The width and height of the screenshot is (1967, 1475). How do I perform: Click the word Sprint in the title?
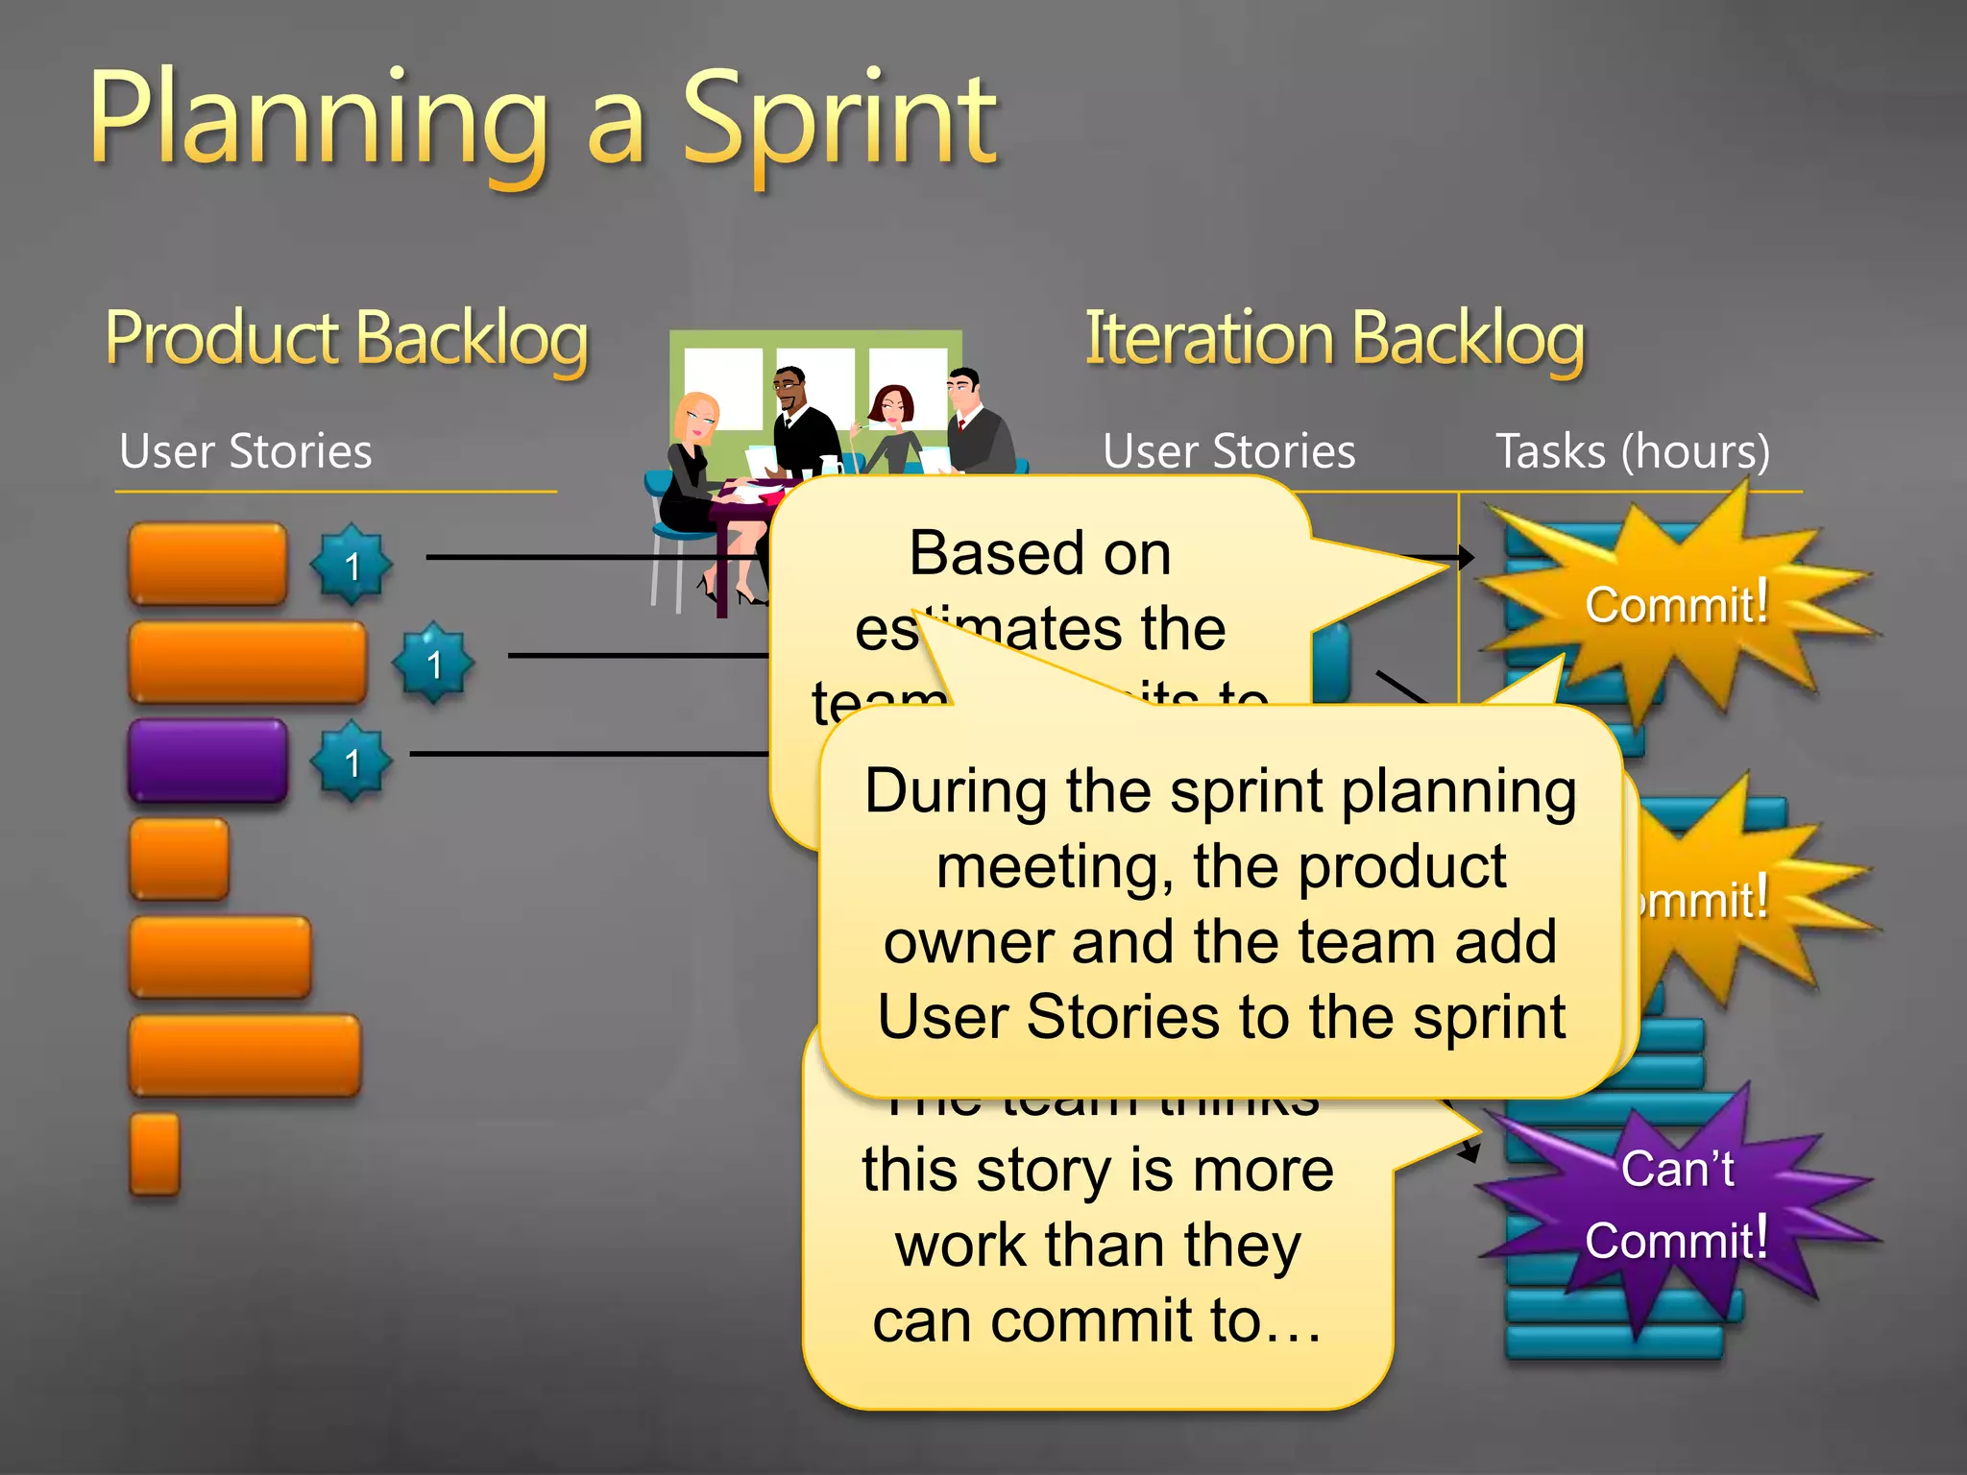pyautogui.click(x=840, y=120)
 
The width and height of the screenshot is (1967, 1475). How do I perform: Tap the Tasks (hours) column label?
pyautogui.click(x=1632, y=451)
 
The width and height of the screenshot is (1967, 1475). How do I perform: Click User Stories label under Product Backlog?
pyautogui.click(x=245, y=451)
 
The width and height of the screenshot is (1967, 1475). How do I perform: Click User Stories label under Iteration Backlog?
pyautogui.click(x=1228, y=451)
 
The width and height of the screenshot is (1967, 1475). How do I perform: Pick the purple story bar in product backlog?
pyautogui.click(x=207, y=760)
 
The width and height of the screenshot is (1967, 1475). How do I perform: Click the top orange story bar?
pyautogui.click(x=207, y=564)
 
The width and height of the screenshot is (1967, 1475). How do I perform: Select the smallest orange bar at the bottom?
pyautogui.click(x=155, y=1153)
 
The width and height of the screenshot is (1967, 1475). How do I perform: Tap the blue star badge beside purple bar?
pyautogui.click(x=352, y=762)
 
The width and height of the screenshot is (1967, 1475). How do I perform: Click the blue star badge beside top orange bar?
pyautogui.click(x=352, y=566)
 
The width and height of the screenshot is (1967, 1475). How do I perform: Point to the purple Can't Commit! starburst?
pyautogui.click(x=1676, y=1205)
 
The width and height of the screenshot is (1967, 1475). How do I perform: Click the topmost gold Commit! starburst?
pyautogui.click(x=1676, y=605)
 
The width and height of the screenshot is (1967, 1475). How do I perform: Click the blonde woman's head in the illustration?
pyautogui.click(x=696, y=418)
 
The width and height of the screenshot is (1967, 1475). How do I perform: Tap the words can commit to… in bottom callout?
pyautogui.click(x=1098, y=1319)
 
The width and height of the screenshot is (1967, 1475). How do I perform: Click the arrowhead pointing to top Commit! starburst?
pyautogui.click(x=1465, y=557)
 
